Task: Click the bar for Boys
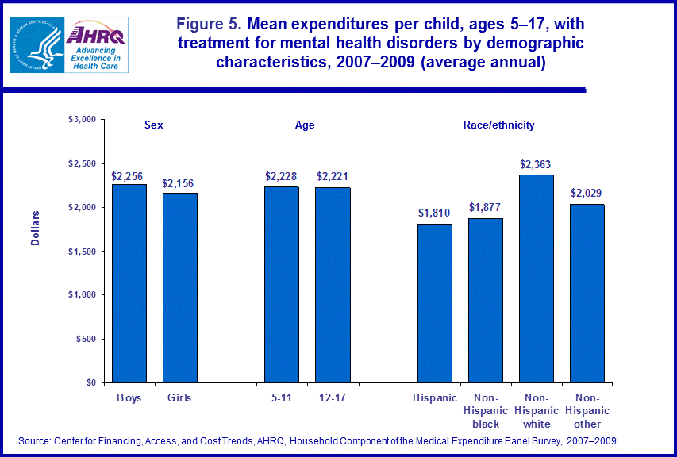click(x=129, y=282)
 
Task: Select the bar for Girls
click(x=179, y=287)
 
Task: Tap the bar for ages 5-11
click(x=282, y=284)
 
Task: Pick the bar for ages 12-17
click(x=333, y=284)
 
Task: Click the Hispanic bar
click(x=435, y=302)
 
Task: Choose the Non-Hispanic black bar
click(x=486, y=300)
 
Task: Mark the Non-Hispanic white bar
click(x=537, y=278)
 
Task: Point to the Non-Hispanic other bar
click(x=587, y=293)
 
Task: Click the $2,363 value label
click(x=536, y=165)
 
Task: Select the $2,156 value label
click(x=179, y=183)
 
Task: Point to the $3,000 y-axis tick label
click(x=81, y=119)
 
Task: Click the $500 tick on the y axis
click(x=85, y=339)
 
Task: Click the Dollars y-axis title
click(x=36, y=228)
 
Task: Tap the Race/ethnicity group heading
click(x=498, y=125)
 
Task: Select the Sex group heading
click(x=154, y=125)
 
